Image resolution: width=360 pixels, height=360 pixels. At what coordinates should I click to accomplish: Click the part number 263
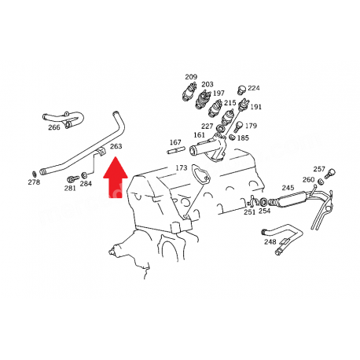116,146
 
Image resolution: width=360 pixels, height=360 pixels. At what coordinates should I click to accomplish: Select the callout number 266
54,127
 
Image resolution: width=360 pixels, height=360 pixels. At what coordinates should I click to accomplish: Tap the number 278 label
34,182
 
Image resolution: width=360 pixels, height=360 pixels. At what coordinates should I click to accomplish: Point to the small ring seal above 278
34,174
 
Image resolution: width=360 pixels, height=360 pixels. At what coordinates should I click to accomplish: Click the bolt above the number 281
73,179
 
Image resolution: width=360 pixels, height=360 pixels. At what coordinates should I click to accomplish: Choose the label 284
86,183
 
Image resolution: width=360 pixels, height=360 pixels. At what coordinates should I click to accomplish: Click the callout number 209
191,77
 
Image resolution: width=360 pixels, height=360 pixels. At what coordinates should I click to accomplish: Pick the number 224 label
254,88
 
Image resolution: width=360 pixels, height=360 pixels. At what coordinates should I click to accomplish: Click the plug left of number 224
241,90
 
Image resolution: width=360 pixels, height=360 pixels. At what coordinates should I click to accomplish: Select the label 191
255,107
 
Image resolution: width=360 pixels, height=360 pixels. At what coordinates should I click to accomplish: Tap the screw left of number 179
239,127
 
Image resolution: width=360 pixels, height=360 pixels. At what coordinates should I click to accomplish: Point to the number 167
175,142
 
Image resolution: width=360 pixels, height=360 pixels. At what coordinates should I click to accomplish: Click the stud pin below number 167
176,150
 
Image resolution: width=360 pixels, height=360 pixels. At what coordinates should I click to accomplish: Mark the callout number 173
182,167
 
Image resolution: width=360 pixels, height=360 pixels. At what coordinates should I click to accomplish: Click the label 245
288,188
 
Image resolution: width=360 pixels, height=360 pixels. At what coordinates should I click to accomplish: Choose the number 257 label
319,169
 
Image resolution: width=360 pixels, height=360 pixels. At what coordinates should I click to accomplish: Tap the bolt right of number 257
330,174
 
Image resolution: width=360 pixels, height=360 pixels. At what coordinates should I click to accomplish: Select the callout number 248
270,241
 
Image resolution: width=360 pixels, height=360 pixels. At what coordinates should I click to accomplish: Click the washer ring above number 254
263,202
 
